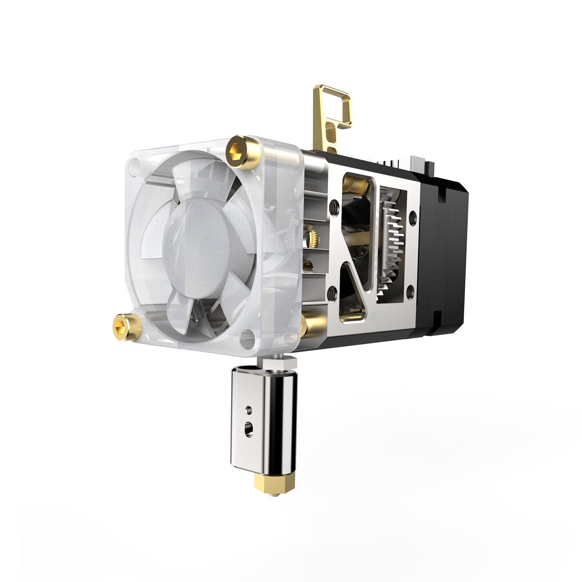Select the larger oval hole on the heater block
(249, 425)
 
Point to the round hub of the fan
(198, 244)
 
